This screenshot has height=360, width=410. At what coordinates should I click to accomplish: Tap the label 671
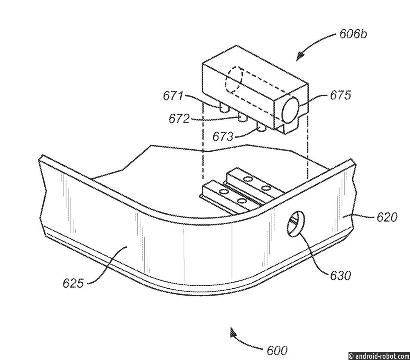pos(173,96)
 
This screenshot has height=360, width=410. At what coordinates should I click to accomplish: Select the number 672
pos(179,118)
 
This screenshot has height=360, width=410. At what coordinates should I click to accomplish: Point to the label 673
pos(223,136)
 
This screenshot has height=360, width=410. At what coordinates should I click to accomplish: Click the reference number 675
pos(340,95)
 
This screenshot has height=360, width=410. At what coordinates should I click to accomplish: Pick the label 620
pos(387,217)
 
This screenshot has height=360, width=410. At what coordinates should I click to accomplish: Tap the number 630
pos(340,276)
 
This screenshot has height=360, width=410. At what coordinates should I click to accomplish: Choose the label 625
pos(73,283)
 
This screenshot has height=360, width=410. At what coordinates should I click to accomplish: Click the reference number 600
pos(277,350)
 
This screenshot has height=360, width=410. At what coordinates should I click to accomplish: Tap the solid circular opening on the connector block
pos(290,109)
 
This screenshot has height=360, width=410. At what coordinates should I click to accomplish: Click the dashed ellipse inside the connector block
pos(234,80)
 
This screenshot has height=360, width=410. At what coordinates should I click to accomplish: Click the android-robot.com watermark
pos(379,356)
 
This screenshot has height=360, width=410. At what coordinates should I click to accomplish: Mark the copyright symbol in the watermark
pos(351,356)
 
